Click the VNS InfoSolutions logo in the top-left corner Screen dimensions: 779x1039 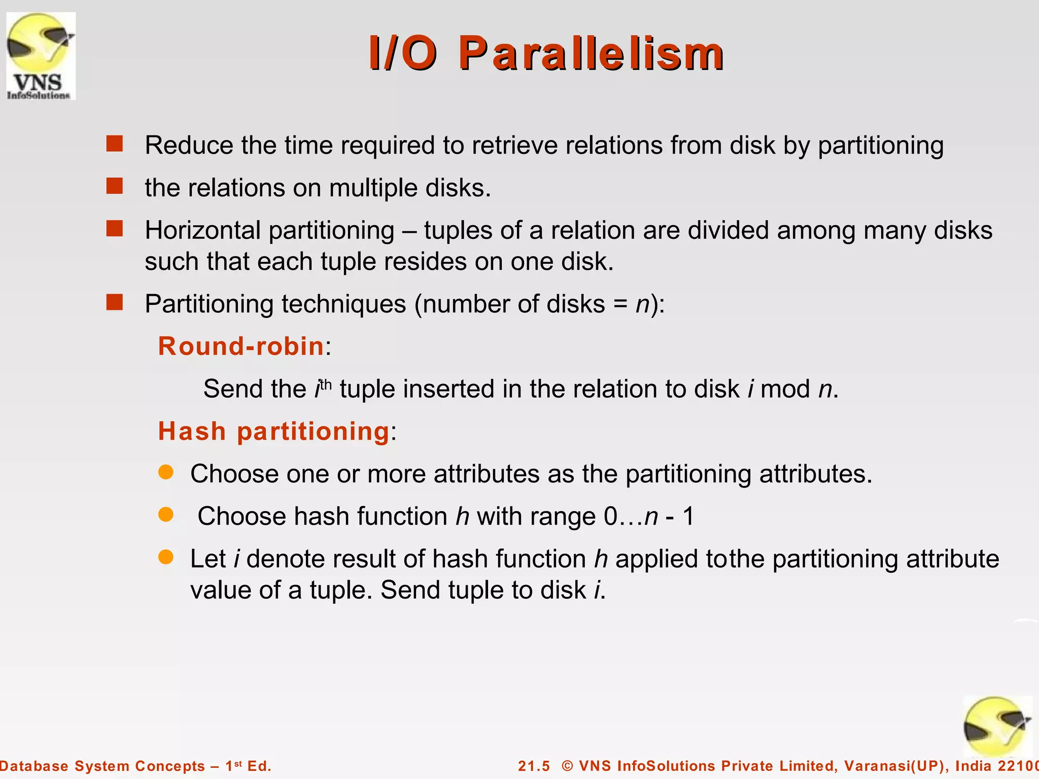coord(41,56)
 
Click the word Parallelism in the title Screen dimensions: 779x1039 coord(592,54)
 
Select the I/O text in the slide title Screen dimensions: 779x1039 coord(403,54)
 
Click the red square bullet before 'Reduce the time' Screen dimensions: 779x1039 coord(115,144)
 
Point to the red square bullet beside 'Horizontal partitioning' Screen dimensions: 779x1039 coord(115,229)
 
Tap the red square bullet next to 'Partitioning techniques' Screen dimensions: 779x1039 coord(115,303)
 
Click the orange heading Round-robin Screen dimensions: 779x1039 coord(241,346)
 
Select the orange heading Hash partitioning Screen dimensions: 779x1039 coord(273,432)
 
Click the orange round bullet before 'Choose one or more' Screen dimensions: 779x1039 coord(166,473)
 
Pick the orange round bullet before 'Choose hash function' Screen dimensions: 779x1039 coord(166,515)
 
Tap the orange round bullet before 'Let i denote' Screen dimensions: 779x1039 coord(166,557)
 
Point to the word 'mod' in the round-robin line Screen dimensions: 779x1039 coord(786,389)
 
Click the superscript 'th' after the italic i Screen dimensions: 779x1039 coord(325,384)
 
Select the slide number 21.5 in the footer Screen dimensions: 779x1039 coord(534,766)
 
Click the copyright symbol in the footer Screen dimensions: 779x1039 coord(567,766)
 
